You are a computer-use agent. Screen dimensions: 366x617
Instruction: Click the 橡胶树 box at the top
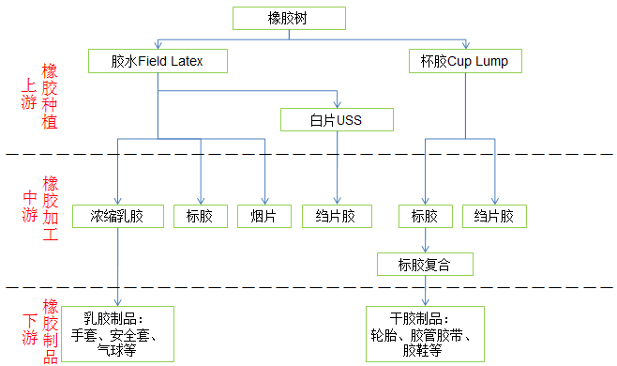click(x=287, y=18)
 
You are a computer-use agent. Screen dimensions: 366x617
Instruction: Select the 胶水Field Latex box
click(x=158, y=62)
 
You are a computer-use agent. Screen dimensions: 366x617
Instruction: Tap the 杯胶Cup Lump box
click(x=464, y=62)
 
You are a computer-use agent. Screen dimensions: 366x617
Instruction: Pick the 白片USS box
click(x=337, y=119)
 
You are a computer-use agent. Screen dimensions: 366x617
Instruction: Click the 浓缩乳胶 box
click(x=118, y=216)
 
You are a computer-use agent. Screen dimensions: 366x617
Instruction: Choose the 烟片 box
click(x=263, y=216)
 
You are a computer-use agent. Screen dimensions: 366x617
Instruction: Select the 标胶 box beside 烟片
click(x=200, y=216)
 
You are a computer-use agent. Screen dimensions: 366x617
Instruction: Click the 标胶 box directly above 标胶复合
click(x=425, y=216)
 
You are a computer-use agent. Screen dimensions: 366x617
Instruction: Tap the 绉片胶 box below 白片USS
click(x=337, y=216)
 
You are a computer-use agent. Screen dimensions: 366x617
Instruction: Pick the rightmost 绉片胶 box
click(x=494, y=216)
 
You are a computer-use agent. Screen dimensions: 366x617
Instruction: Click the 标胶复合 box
click(x=425, y=264)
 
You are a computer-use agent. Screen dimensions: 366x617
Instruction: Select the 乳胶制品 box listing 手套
click(x=119, y=333)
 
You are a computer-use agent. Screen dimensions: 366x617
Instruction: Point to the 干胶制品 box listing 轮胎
click(x=425, y=333)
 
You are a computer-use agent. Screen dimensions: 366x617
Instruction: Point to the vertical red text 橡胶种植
click(x=51, y=98)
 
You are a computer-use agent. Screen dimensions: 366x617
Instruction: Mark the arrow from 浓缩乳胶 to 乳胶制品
click(x=118, y=267)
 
